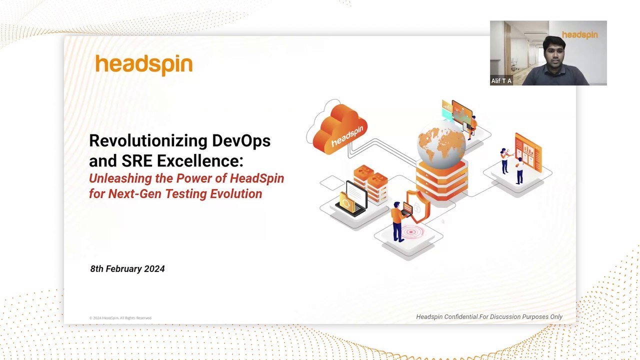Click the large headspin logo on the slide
click(144, 65)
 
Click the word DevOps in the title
click(241, 141)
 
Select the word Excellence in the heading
click(200, 160)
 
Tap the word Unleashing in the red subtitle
click(120, 178)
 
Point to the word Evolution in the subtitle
click(236, 193)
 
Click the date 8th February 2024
click(127, 269)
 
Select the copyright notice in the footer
click(120, 317)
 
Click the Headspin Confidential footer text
click(489, 316)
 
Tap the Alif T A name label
click(501, 81)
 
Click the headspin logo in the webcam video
click(579, 35)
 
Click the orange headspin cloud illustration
click(339, 129)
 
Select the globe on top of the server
click(441, 144)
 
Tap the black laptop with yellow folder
click(351, 199)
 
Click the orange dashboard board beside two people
click(528, 152)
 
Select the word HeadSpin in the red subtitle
click(257, 178)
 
